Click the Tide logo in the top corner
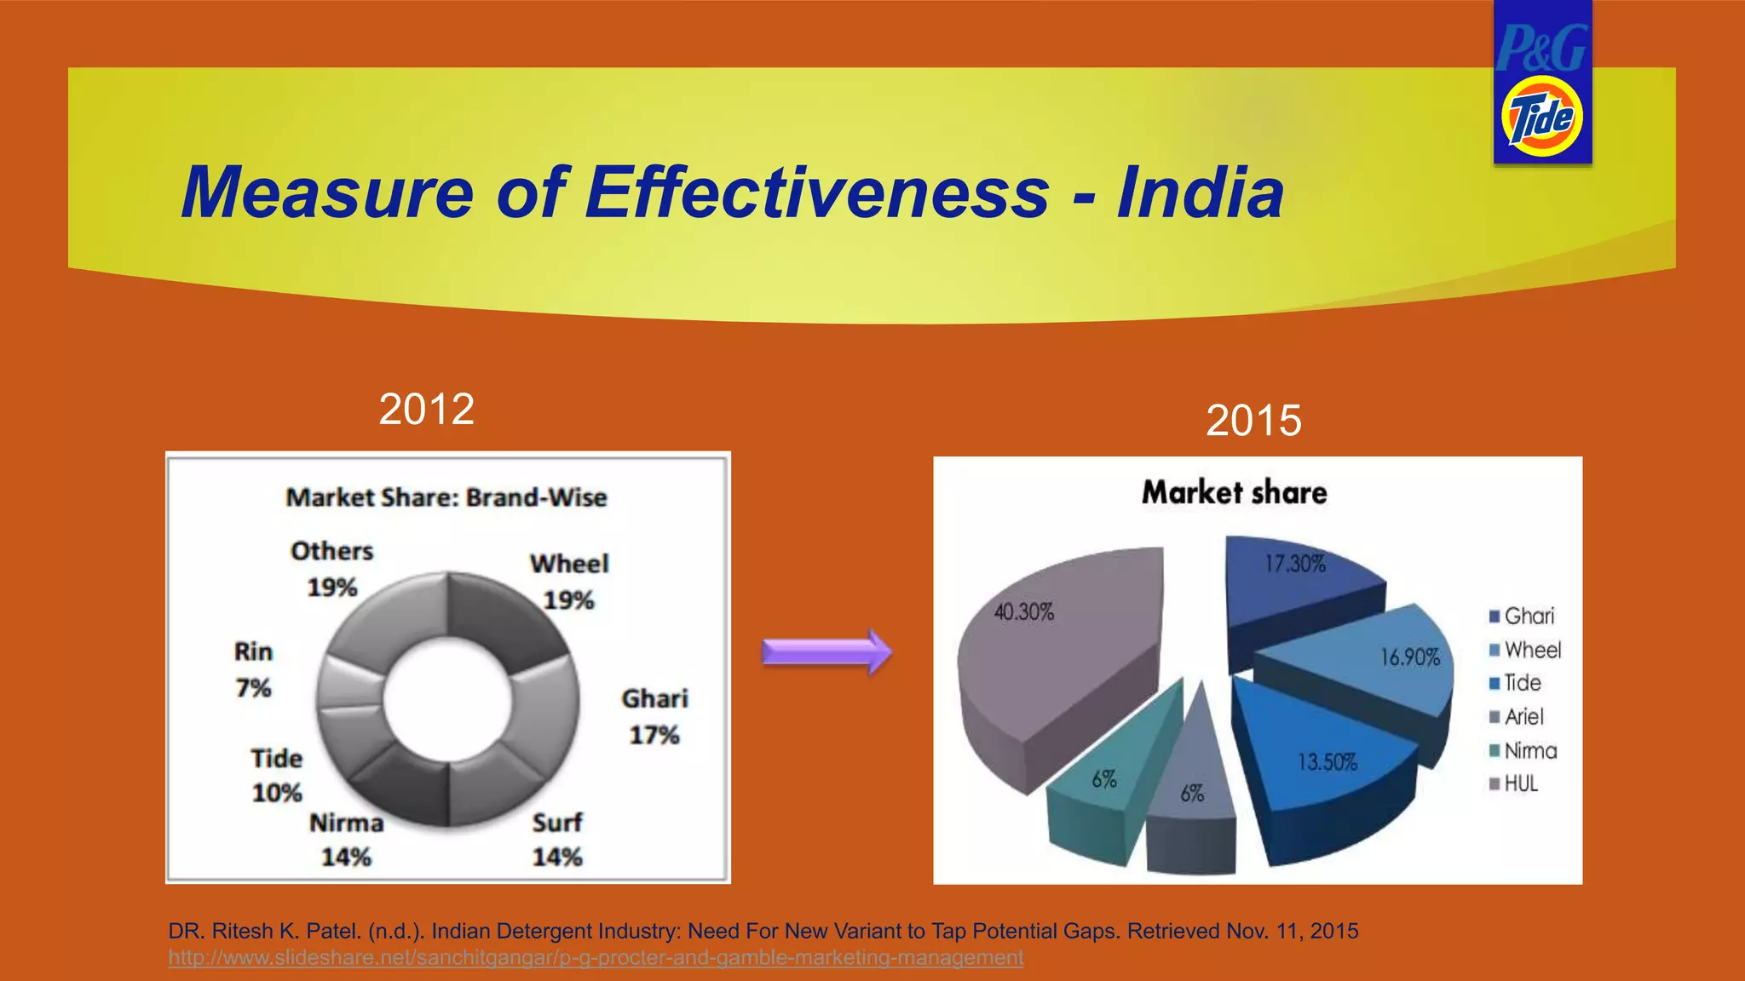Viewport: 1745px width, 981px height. coord(1541,117)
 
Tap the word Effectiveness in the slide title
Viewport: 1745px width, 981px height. coord(816,192)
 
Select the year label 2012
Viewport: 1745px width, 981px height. coord(426,410)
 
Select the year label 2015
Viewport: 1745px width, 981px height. coord(1253,421)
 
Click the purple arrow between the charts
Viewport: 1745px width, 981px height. coord(826,652)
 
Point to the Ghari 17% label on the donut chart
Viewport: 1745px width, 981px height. coord(654,716)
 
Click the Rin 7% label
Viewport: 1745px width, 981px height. coord(253,669)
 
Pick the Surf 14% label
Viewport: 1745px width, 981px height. coord(557,839)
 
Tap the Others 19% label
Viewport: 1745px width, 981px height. coord(331,569)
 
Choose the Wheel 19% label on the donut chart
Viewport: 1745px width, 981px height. coord(569,582)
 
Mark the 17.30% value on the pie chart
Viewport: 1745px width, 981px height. coord(1294,564)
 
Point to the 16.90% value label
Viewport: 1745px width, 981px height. coord(1409,657)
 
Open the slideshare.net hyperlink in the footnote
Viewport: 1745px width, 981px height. coord(596,958)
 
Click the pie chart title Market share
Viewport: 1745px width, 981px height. coord(1234,492)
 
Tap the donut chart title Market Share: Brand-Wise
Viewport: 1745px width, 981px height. coord(446,497)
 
